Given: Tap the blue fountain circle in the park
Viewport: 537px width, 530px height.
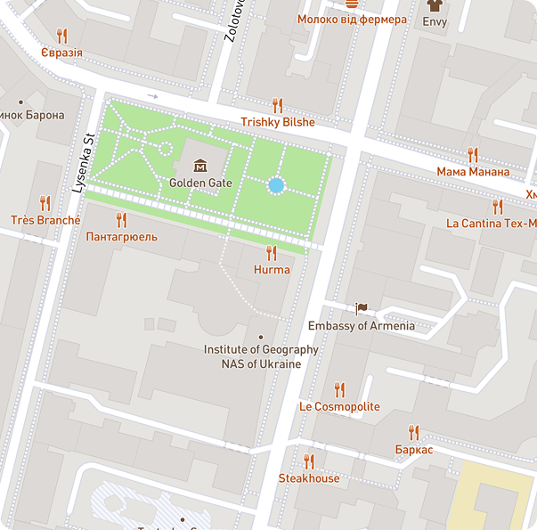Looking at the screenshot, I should pyautogui.click(x=276, y=185).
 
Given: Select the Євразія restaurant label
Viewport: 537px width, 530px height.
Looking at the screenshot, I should pyautogui.click(x=61, y=53).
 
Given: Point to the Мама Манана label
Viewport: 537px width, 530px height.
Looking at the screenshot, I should pyautogui.click(x=473, y=171).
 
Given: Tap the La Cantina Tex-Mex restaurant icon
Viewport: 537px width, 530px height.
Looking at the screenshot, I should pyautogui.click(x=497, y=207).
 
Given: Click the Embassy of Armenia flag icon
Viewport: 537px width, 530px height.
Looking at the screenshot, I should pyautogui.click(x=361, y=309).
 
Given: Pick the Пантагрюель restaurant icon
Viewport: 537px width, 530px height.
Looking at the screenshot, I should pyautogui.click(x=121, y=220).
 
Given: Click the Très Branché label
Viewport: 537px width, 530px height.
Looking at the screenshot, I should pyautogui.click(x=45, y=220).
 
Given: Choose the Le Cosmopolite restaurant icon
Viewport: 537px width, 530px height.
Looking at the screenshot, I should pyautogui.click(x=339, y=389).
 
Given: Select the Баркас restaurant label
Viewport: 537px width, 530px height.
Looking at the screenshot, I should pyautogui.click(x=413, y=450).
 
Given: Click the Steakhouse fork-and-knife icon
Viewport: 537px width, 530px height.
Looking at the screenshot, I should pyautogui.click(x=309, y=461).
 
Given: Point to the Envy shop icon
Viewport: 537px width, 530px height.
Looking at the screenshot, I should pyautogui.click(x=435, y=4).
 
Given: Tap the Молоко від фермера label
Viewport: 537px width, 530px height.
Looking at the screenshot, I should pyautogui.click(x=352, y=20).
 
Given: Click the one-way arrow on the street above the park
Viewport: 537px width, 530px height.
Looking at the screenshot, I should pyautogui.click(x=152, y=95).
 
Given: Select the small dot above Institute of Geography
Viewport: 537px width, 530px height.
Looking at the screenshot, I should pyautogui.click(x=261, y=337).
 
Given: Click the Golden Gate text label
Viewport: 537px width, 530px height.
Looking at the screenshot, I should pyautogui.click(x=200, y=183).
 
